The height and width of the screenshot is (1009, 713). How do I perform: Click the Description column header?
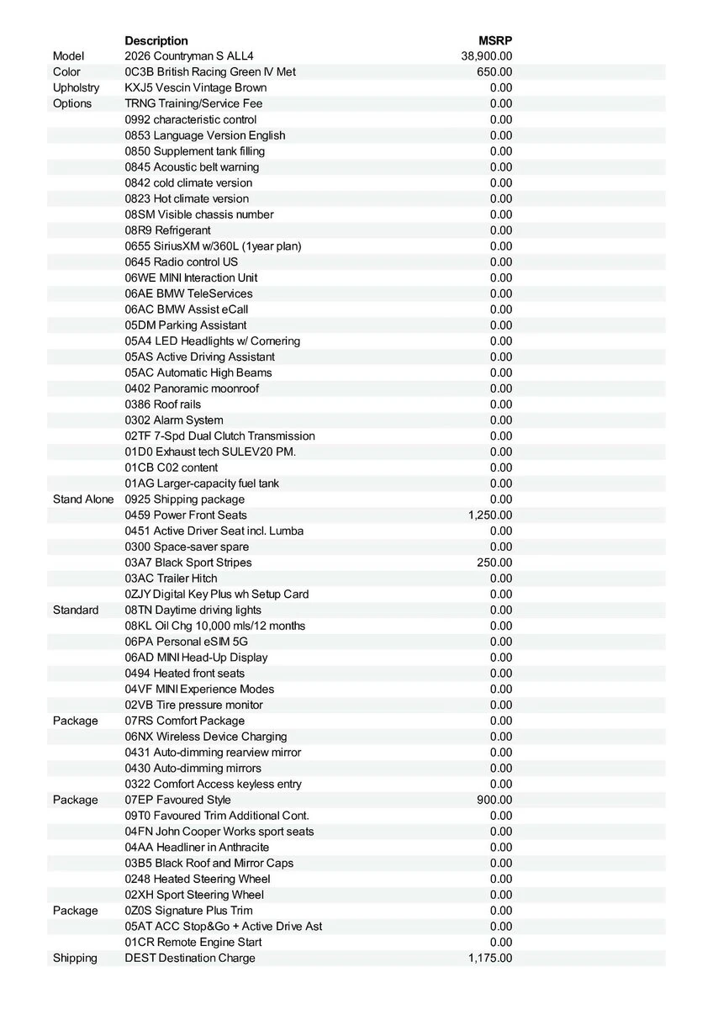pos(156,40)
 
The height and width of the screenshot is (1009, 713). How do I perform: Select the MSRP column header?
pos(495,40)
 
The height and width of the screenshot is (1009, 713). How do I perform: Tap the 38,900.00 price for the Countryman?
pos(487,56)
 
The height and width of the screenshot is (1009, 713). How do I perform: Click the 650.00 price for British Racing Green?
pos(494,72)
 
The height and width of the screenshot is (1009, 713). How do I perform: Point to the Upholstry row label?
pos(76,88)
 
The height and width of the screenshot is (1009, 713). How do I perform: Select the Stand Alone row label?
pos(83,499)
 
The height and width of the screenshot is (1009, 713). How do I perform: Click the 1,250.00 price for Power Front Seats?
pos(490,515)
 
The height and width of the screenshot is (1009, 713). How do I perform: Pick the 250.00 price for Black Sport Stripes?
pos(494,563)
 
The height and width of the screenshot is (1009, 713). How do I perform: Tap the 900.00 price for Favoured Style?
pos(494,800)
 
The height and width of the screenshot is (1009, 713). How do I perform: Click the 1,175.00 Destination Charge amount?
pos(490,958)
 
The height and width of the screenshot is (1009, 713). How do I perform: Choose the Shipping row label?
pos(75,958)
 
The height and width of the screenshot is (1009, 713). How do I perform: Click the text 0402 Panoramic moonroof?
pos(192,388)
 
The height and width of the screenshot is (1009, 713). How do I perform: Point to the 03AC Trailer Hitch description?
pos(171,578)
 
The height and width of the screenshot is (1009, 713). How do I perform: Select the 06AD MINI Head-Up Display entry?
pos(196,658)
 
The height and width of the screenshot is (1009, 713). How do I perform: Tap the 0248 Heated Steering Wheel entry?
pos(198,879)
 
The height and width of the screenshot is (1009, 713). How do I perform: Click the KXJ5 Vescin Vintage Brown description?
pos(196,88)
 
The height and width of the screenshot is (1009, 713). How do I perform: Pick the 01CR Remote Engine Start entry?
pos(193,942)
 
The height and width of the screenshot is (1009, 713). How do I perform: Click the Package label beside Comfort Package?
pos(75,721)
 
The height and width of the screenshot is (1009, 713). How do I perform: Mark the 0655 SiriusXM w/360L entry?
pos(213,246)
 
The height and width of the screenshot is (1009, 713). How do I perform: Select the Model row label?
pos(69,56)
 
